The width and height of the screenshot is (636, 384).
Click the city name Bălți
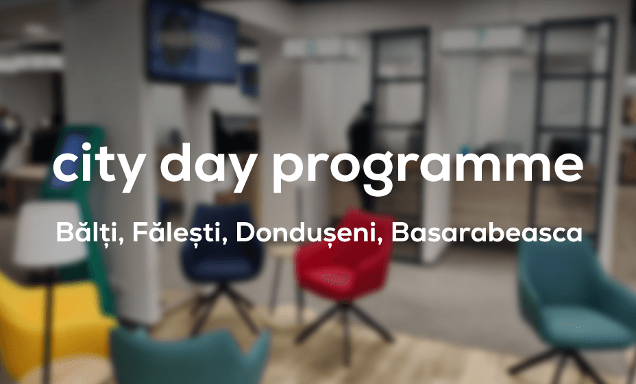point(90,232)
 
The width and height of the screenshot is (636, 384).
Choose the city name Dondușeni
point(309,232)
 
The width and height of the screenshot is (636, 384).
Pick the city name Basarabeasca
point(487,232)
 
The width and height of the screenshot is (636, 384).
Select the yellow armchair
point(49,321)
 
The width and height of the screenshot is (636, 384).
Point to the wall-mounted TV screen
point(191,40)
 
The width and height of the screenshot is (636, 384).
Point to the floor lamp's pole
point(48,325)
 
